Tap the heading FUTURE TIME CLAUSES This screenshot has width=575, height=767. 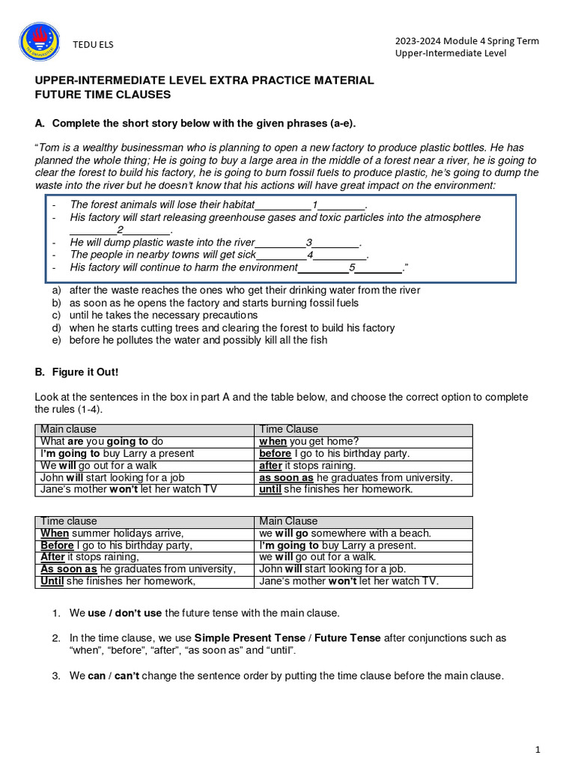(103, 94)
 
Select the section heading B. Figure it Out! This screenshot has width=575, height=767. (76, 372)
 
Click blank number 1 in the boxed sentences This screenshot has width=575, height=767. (315, 204)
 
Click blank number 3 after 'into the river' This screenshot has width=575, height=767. (308, 243)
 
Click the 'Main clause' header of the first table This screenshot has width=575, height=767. (69, 429)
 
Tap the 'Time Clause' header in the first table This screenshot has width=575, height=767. (288, 429)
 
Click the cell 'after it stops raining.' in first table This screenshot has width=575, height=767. (307, 465)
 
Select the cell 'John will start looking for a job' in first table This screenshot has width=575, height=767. (112, 477)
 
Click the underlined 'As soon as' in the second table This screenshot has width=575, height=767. (69, 569)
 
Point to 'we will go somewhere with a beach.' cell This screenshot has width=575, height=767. (345, 533)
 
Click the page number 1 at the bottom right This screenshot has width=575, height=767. (538, 749)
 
